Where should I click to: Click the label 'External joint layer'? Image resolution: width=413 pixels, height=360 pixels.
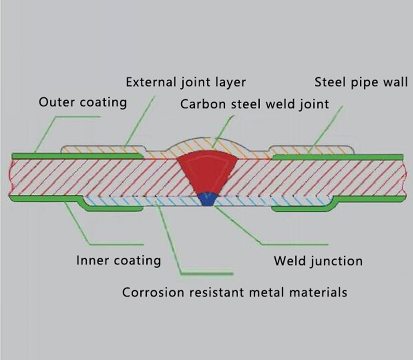pos(186,83)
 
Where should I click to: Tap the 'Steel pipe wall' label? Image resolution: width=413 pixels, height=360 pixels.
pos(361,83)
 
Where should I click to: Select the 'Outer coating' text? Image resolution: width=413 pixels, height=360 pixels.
pos(83,101)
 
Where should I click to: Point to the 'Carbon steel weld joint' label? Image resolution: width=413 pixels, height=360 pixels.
pos(254,104)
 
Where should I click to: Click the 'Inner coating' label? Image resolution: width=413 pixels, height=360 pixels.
pos(119,260)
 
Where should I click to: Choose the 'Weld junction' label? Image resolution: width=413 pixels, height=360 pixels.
pos(318,261)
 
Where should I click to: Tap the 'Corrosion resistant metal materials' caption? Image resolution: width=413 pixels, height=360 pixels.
pos(234,292)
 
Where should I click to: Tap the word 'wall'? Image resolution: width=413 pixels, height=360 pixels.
pos(395,83)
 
